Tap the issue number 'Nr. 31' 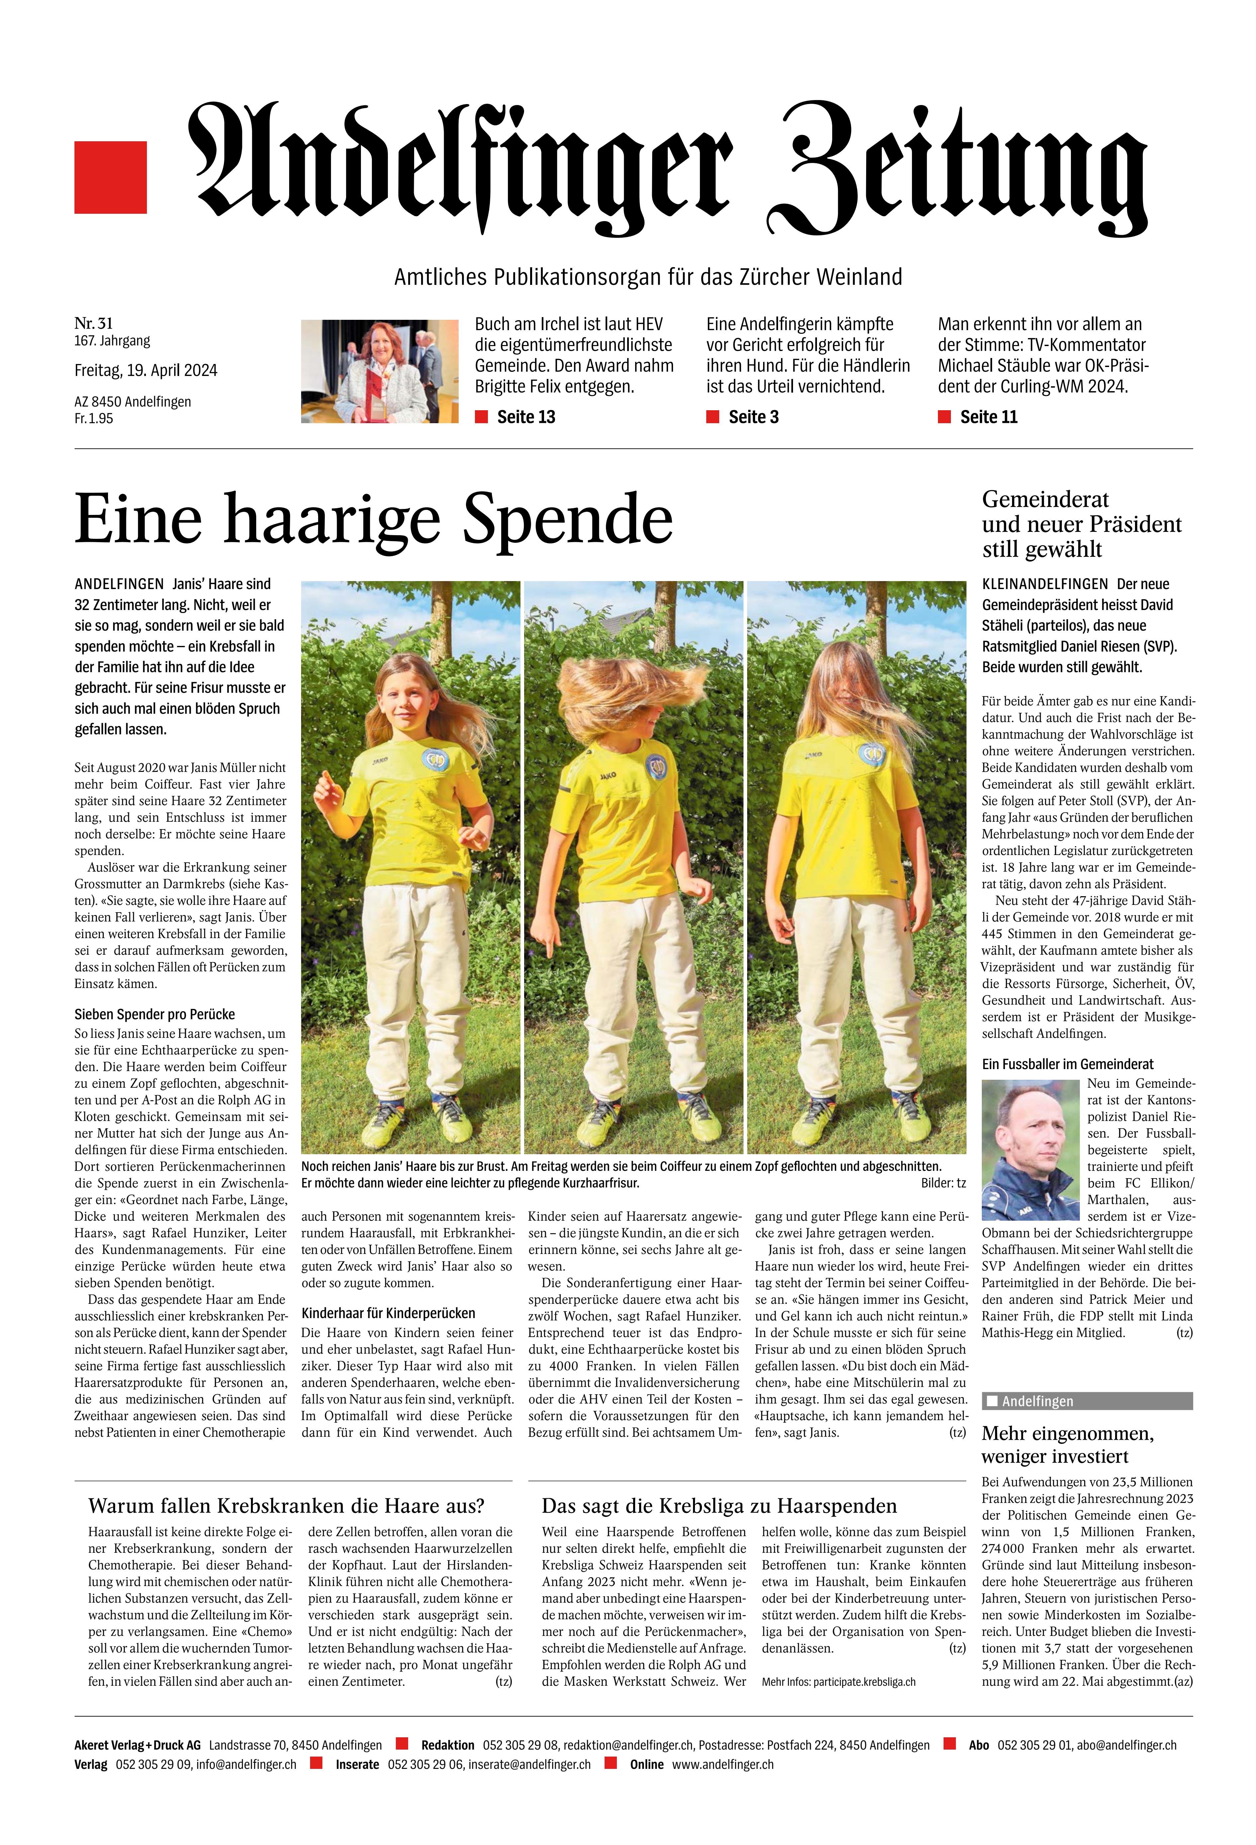[94, 323]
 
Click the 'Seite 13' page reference [525, 417]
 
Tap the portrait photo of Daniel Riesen [1030, 1150]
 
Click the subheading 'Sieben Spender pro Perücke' [155, 1014]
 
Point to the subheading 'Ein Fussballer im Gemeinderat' [1067, 1064]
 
